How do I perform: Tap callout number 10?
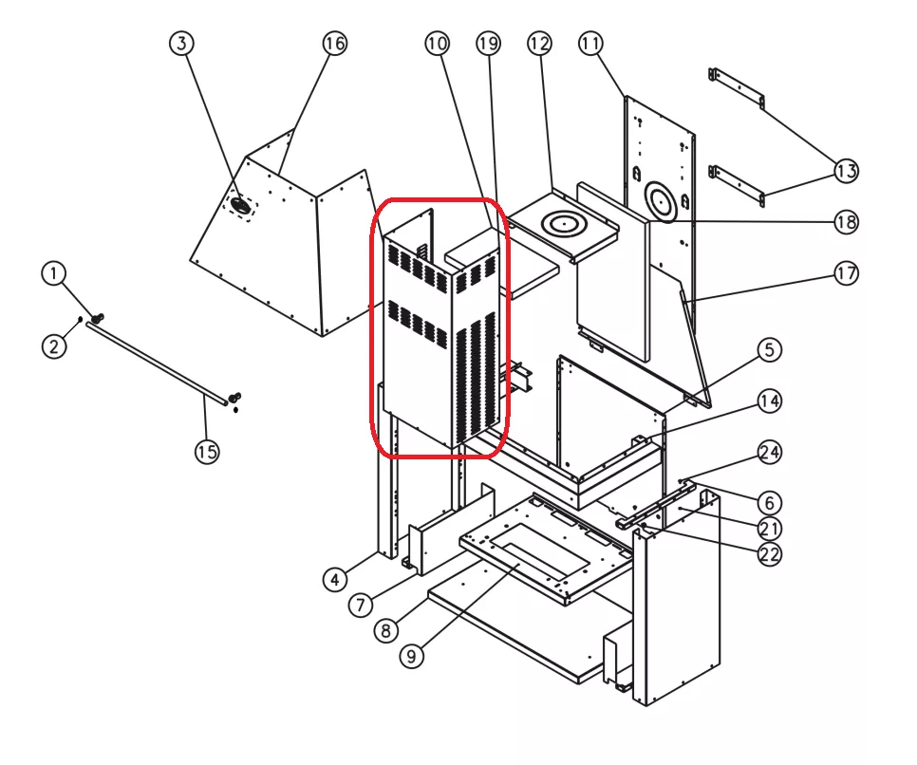pyautogui.click(x=436, y=43)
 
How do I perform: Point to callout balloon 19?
pyautogui.click(x=488, y=43)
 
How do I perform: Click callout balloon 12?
pyautogui.click(x=539, y=43)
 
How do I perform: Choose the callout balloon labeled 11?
pyautogui.click(x=590, y=43)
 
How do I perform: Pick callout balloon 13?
pyautogui.click(x=846, y=171)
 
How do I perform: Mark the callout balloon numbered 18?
pyautogui.click(x=846, y=222)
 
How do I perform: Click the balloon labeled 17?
pyautogui.click(x=846, y=273)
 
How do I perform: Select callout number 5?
pyautogui.click(x=769, y=349)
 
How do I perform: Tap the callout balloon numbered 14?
pyautogui.click(x=769, y=401)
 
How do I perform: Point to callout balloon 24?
pyautogui.click(x=769, y=452)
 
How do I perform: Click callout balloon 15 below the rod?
pyautogui.click(x=207, y=452)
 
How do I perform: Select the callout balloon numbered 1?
pyautogui.click(x=54, y=273)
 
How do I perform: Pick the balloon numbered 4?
pyautogui.click(x=333, y=579)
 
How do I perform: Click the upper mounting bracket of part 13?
pyautogui.click(x=738, y=88)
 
